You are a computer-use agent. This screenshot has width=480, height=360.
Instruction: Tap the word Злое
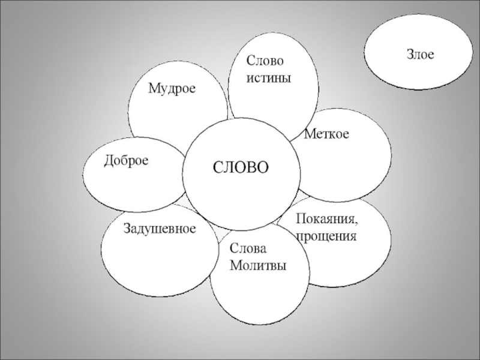tap(421, 55)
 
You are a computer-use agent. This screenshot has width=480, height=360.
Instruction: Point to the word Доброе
tap(126, 160)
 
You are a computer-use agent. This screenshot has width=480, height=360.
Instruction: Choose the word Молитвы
tap(259, 265)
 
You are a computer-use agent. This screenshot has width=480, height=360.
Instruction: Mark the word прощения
tap(326, 236)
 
